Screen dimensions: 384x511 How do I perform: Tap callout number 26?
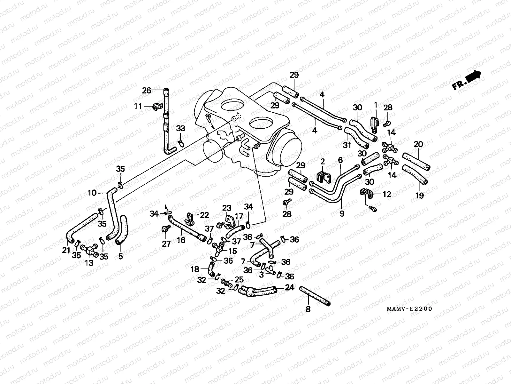[147, 91]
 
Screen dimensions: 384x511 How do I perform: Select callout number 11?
[138, 106]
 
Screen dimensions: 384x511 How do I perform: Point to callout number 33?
[181, 129]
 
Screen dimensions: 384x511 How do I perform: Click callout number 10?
[92, 193]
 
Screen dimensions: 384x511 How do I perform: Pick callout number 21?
[66, 250]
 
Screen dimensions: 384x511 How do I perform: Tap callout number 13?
[89, 263]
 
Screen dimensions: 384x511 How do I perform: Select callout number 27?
[166, 244]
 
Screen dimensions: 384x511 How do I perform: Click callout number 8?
[308, 309]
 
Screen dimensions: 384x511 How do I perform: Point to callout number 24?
[289, 288]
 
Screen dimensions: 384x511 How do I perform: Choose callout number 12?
[387, 194]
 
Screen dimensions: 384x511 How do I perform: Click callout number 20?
[418, 144]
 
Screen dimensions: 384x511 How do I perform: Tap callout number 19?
[419, 195]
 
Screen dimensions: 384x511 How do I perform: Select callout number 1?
[376, 104]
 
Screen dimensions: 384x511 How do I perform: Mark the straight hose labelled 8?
[315, 296]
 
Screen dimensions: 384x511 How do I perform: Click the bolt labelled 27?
[166, 229]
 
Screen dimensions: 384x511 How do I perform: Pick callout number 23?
[227, 208]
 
